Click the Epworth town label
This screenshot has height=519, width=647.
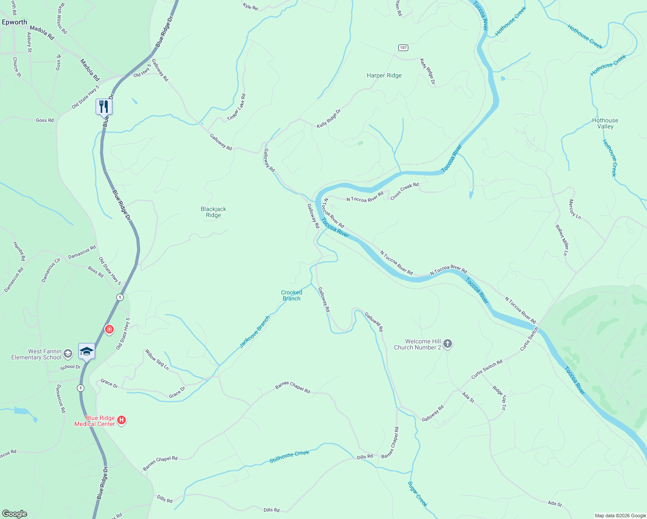14,22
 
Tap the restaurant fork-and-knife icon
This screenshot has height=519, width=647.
104,106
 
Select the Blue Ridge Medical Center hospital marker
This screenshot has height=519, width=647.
122,420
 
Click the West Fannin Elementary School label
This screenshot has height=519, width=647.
36,354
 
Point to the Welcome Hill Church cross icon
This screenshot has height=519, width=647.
448,344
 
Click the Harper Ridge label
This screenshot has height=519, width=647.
384,75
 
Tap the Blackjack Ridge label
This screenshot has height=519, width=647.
213,212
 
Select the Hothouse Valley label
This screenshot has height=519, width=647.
605,123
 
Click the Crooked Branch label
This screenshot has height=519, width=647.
291,295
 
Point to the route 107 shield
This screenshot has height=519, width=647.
403,48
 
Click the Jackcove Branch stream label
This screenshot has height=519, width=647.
255,332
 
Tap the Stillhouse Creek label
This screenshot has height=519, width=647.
289,456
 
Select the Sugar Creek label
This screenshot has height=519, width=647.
417,493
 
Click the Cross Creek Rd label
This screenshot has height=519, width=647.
404,191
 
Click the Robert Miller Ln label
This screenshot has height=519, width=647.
562,240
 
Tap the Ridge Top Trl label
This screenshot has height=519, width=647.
499,397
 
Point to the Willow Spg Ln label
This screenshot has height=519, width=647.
157,359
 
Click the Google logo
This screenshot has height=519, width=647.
15,514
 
